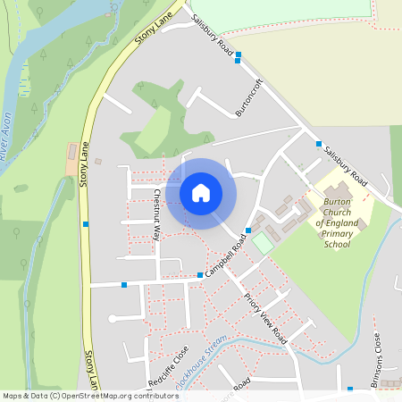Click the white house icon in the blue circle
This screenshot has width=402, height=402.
point(200,192)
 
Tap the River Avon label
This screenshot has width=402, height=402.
point(7,130)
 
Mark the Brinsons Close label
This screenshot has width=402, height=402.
point(377,354)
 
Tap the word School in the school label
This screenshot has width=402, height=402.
point(338,243)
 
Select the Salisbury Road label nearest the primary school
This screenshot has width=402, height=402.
point(347,163)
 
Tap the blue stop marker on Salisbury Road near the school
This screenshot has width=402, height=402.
point(318,143)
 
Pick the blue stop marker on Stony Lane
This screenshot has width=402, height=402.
point(86,223)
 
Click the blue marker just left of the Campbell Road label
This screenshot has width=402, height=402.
point(199,274)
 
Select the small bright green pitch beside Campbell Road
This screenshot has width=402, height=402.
point(262,242)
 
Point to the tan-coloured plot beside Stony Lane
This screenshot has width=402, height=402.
point(71,159)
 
